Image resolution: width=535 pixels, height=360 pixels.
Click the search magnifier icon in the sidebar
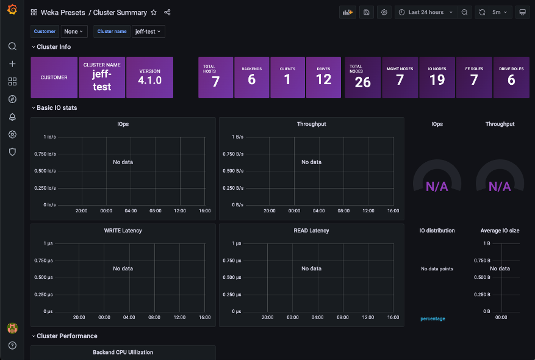pos(12,46)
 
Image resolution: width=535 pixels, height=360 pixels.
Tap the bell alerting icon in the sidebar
pos(12,117)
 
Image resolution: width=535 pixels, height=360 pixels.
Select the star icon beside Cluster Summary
pos(154,12)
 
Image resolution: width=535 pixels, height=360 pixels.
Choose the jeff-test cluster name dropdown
pos(148,31)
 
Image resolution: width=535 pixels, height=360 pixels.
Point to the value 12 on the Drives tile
pos(323,80)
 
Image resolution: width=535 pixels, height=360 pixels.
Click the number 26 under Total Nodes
pos(362,82)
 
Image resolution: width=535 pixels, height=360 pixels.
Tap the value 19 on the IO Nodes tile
pos(437,80)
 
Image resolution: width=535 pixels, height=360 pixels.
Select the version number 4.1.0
pos(149,80)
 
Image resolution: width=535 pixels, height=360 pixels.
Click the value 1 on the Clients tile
pos(287,80)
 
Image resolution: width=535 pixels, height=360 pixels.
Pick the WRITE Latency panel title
pos(123,231)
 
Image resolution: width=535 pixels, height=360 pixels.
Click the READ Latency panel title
pos(311,231)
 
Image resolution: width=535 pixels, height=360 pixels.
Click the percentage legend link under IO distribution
pos(433,319)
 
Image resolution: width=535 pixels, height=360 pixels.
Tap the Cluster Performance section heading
pos(66,336)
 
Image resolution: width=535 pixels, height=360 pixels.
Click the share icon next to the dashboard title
pos(168,12)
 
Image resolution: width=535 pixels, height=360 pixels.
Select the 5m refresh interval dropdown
pos(500,12)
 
